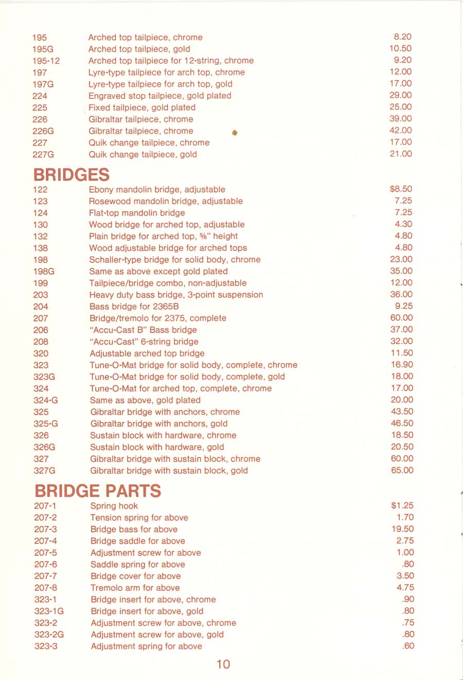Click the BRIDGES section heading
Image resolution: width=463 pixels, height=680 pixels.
coord(72,175)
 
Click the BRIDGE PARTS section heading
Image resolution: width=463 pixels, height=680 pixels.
coord(98,491)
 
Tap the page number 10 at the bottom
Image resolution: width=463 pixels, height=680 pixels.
coord(223,664)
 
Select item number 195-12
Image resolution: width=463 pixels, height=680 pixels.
coord(46,61)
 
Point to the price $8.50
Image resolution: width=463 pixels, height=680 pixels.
coord(401,189)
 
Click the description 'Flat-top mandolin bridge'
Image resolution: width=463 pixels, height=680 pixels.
coord(137,213)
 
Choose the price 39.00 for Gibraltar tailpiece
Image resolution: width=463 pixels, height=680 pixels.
coord(401,118)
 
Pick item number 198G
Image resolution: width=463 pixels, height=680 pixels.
coord(44,271)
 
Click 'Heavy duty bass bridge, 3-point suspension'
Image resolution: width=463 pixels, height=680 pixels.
coord(176,295)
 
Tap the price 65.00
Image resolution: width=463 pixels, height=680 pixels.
coord(402,470)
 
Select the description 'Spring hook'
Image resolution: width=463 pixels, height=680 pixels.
coord(114,506)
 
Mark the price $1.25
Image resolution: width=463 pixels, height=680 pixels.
coord(402,505)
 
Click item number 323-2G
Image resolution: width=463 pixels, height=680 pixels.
coord(49,635)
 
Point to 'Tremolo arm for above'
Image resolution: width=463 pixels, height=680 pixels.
coord(135,588)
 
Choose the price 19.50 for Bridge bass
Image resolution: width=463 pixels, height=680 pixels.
coord(403,529)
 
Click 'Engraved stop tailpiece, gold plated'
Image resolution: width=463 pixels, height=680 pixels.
coord(159,96)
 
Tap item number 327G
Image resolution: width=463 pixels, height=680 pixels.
coord(45,471)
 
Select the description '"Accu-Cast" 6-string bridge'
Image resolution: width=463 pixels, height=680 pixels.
coord(144,342)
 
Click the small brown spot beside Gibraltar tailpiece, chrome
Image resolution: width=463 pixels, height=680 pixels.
coord(235,133)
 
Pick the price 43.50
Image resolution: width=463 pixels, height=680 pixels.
coord(402,412)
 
